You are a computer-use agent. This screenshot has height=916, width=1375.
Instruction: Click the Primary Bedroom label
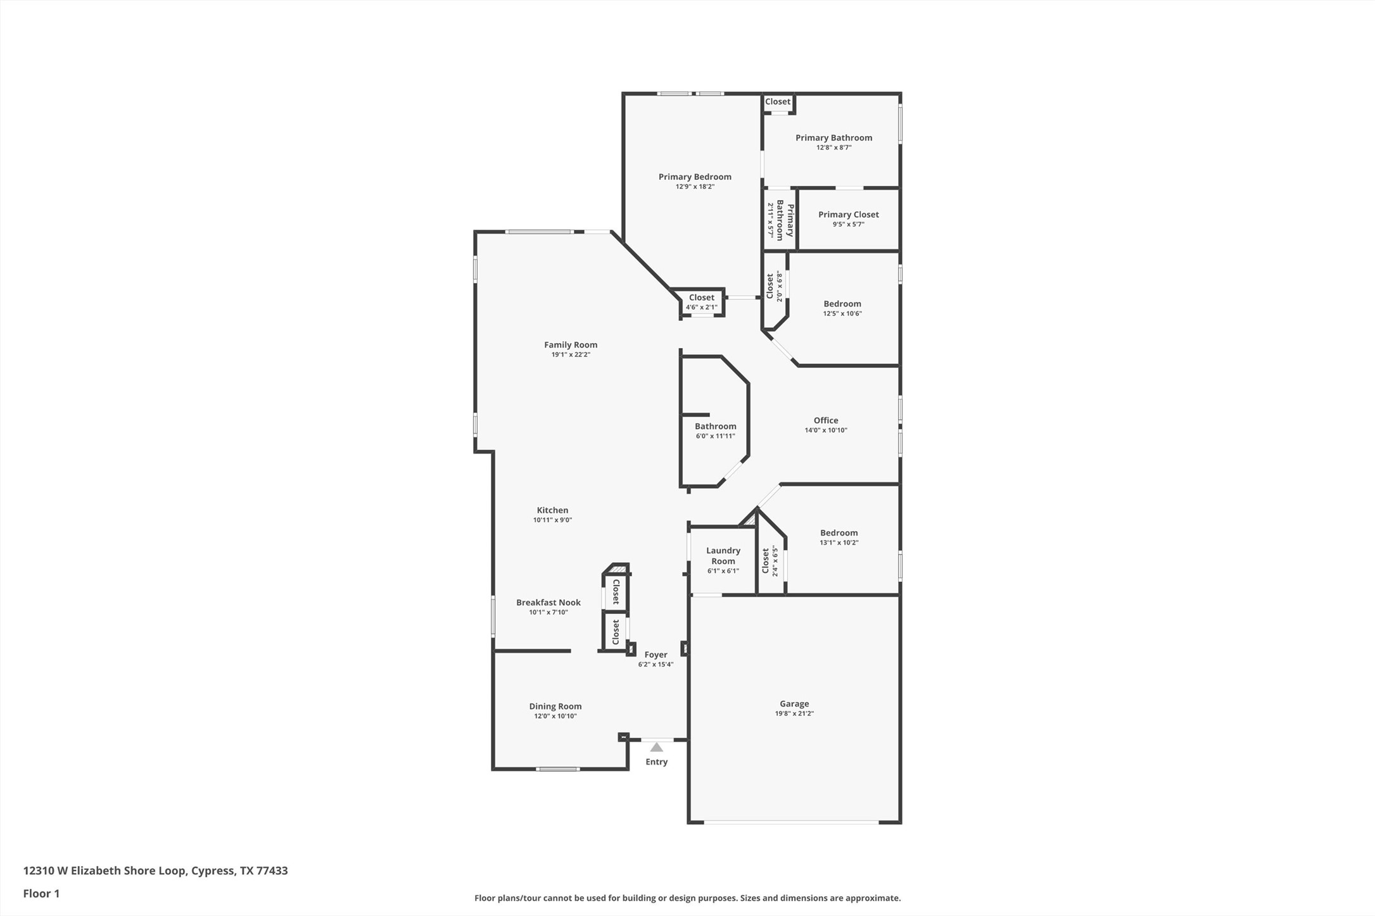695,177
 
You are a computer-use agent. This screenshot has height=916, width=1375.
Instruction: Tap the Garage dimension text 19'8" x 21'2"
794,713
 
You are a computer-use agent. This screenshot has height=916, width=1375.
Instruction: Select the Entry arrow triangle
657,748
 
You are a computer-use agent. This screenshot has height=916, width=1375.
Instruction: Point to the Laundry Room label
723,556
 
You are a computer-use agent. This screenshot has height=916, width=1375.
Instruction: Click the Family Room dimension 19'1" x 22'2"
571,354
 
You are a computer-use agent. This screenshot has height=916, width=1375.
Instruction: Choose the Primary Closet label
848,215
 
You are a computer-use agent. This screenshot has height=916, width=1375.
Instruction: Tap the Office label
825,420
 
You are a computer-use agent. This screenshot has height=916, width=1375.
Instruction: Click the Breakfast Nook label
548,603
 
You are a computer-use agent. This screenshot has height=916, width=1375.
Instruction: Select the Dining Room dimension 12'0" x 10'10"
555,716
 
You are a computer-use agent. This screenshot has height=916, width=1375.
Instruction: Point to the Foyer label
656,655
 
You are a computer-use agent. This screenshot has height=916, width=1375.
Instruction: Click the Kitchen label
552,510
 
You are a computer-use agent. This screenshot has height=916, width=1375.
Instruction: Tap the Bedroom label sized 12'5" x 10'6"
842,304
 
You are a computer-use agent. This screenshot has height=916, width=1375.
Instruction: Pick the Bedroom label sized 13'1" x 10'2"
839,533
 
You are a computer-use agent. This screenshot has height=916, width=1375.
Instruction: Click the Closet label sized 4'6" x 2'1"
701,298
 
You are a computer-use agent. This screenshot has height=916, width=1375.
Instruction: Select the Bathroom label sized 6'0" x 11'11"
715,427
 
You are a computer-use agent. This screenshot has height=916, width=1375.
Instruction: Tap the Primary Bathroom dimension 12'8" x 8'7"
833,147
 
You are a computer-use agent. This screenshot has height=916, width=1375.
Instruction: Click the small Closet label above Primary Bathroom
777,102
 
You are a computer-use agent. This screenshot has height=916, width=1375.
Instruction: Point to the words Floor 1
41,893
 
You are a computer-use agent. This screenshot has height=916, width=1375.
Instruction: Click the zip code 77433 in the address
272,870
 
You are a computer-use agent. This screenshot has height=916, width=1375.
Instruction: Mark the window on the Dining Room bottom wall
557,769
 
